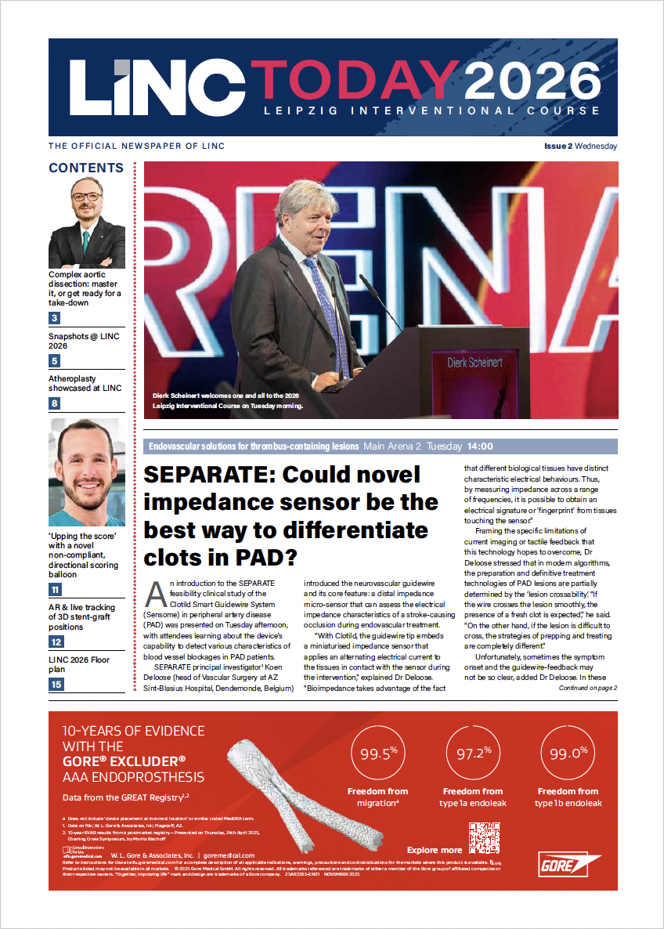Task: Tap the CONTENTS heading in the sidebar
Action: click(x=86, y=168)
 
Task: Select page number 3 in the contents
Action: click(x=55, y=318)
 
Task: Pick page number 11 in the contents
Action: click(x=55, y=590)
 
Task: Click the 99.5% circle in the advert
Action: click(x=378, y=754)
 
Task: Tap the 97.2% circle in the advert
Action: click(x=473, y=754)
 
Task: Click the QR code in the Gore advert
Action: click(x=484, y=838)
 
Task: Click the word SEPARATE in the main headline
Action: click(x=206, y=475)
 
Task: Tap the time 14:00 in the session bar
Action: click(x=480, y=446)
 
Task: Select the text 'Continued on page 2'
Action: click(x=587, y=688)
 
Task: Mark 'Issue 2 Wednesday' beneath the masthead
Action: click(x=580, y=146)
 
